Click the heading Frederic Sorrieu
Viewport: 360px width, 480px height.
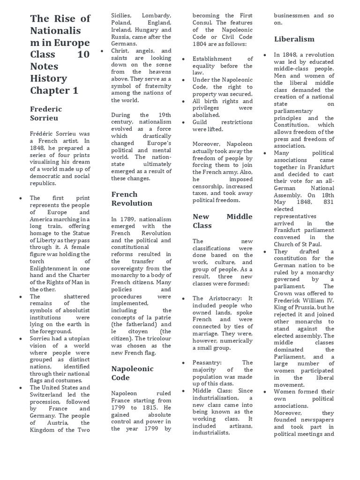(x=46, y=113)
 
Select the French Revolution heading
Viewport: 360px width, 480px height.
(x=131, y=199)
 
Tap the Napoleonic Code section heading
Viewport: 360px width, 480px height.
(x=133, y=373)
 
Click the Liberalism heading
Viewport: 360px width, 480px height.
(x=294, y=39)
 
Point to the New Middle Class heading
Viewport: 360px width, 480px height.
(x=222, y=221)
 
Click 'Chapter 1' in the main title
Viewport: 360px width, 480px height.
(x=54, y=90)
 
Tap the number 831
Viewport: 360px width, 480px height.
(x=326, y=202)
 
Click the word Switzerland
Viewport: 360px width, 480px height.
(x=49, y=395)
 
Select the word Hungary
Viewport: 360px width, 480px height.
(x=142, y=30)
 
